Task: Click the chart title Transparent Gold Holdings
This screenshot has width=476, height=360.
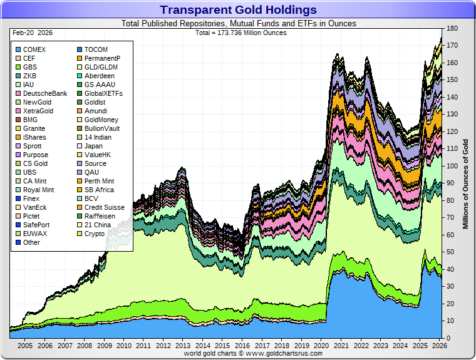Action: (x=238, y=10)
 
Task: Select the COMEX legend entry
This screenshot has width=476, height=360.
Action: (x=34, y=49)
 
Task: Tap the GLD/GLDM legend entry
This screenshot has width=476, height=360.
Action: (x=101, y=67)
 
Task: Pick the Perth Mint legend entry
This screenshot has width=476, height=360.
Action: (x=100, y=181)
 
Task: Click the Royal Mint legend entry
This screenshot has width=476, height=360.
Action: (x=38, y=190)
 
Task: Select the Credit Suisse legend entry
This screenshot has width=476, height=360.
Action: (x=104, y=207)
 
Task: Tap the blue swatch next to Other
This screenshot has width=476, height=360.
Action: (x=18, y=242)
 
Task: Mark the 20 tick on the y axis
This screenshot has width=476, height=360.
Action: (x=451, y=304)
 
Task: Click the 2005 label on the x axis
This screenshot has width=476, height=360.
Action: (x=25, y=346)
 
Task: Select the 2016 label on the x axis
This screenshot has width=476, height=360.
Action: (x=242, y=346)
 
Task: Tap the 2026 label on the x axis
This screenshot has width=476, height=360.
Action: (x=439, y=346)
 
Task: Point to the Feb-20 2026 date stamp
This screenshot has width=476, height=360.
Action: (x=32, y=33)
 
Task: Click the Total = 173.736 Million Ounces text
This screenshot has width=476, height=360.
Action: (x=241, y=33)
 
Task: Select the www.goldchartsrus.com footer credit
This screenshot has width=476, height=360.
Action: (x=253, y=354)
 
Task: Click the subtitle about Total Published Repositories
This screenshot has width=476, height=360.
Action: (x=238, y=24)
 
